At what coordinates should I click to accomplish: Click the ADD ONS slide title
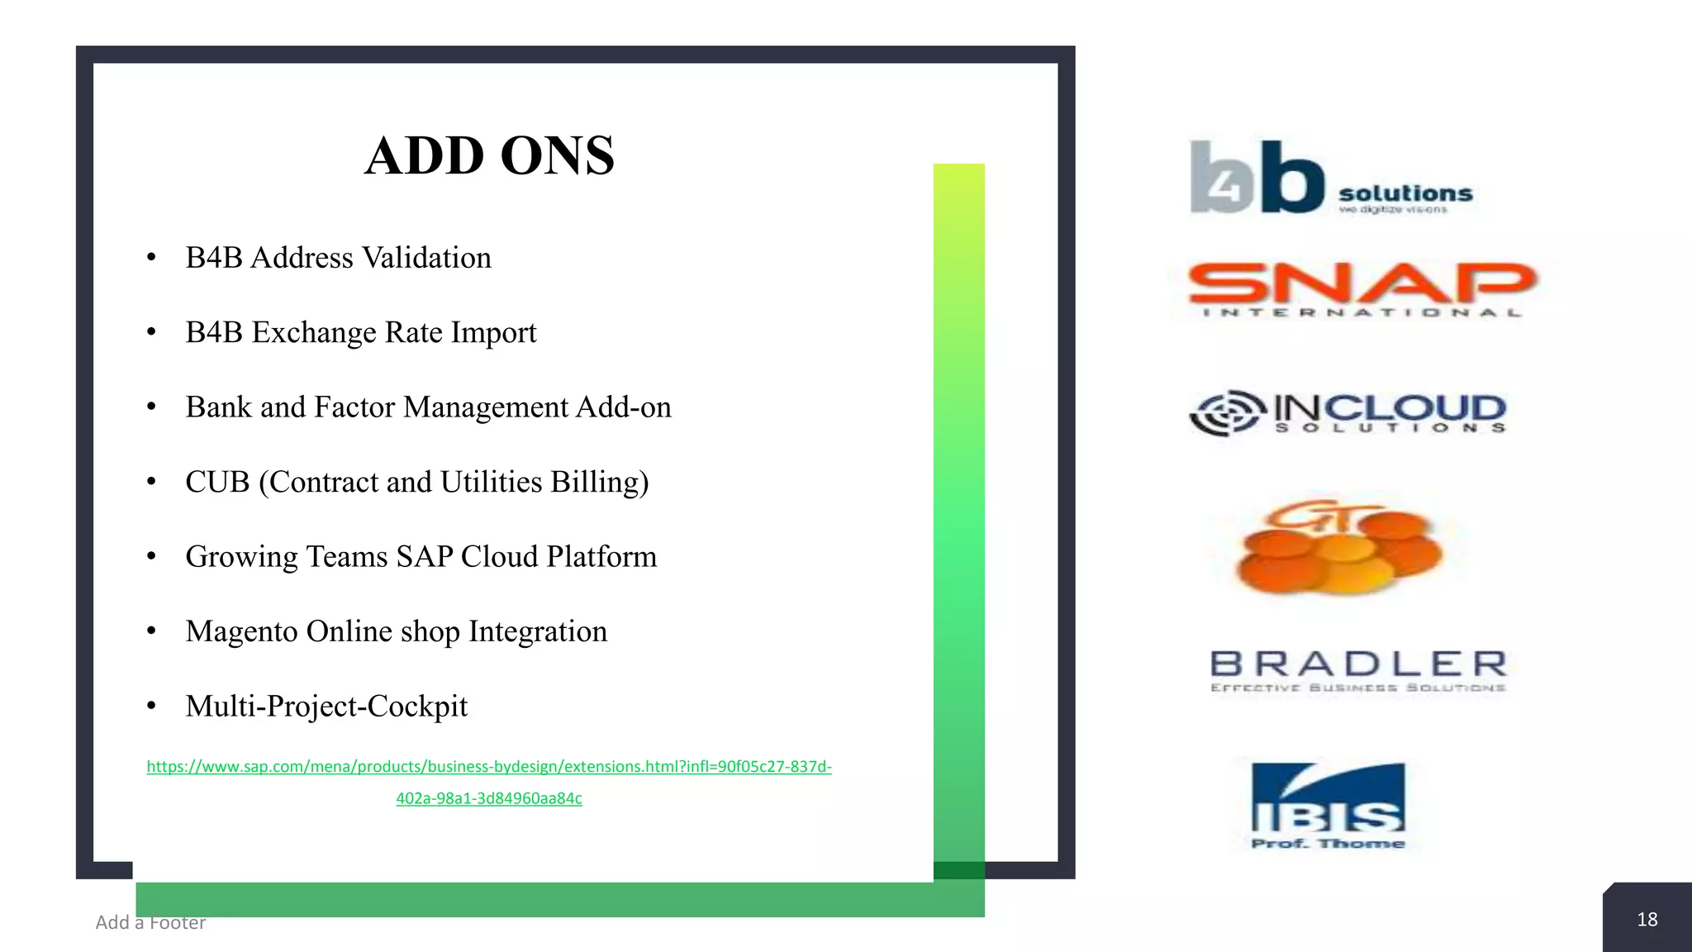(489, 155)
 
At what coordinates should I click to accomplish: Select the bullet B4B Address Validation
(338, 258)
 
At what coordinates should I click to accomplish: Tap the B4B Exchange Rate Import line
(360, 332)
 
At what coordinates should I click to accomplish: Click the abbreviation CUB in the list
(216, 482)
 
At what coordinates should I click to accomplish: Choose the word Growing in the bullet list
(240, 557)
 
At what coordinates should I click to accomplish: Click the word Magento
(241, 632)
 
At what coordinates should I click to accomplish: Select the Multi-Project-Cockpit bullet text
(326, 707)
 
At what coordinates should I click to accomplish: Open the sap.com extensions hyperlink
(489, 767)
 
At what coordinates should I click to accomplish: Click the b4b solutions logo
(1330, 178)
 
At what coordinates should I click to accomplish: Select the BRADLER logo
(1358, 670)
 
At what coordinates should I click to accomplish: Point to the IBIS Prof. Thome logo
(1328, 806)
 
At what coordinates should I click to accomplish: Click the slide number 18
(1647, 920)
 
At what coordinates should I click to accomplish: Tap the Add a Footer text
(150, 922)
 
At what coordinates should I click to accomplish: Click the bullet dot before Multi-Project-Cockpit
(151, 707)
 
